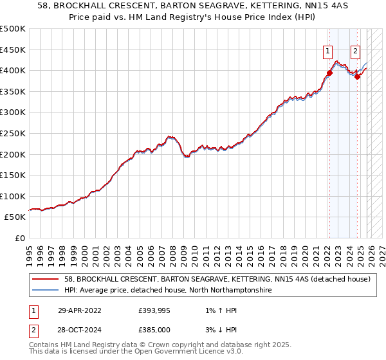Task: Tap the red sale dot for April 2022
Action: click(329, 73)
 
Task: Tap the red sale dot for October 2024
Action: click(357, 76)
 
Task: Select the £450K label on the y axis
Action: click(13, 50)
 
